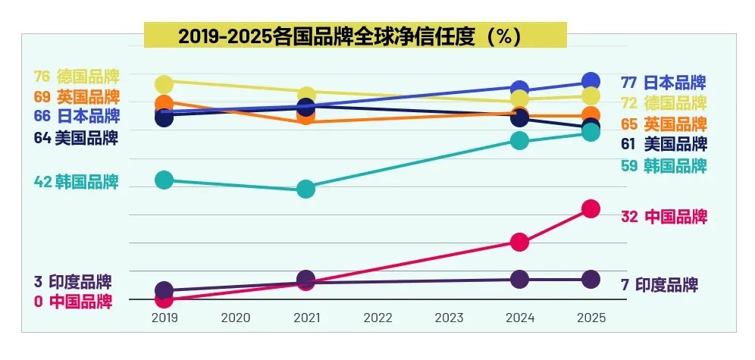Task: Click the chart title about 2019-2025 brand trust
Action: (x=355, y=36)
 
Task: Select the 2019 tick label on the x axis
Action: (x=164, y=318)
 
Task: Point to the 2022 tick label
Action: (x=377, y=318)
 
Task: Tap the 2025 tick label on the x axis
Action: (x=591, y=318)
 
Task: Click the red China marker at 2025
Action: (x=591, y=208)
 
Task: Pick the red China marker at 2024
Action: (x=519, y=243)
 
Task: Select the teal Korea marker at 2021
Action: (x=306, y=189)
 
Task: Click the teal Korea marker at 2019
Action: (x=164, y=180)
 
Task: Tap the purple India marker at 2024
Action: (x=519, y=279)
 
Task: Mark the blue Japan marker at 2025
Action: (x=591, y=81)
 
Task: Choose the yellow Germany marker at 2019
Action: (x=164, y=83)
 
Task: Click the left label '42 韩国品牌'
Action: (x=77, y=182)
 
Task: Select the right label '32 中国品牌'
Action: (x=663, y=217)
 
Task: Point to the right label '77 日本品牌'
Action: (x=663, y=83)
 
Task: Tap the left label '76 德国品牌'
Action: (x=77, y=77)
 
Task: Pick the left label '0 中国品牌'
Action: (x=73, y=302)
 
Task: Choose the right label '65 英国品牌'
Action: (x=663, y=124)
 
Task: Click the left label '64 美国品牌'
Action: (x=77, y=138)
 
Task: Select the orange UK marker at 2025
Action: (x=591, y=116)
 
